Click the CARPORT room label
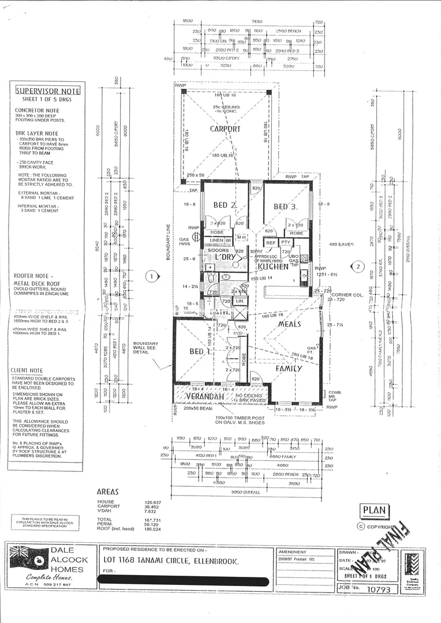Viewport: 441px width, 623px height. click(x=225, y=129)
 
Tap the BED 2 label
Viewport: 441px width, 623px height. click(x=225, y=205)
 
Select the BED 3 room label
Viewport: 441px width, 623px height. click(x=285, y=207)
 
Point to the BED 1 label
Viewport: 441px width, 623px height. click(x=201, y=351)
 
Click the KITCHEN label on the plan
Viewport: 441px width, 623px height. click(x=272, y=267)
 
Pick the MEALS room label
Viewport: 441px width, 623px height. click(x=290, y=324)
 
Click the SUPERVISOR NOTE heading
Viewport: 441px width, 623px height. click(x=48, y=91)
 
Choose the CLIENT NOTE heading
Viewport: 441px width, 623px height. click(x=27, y=370)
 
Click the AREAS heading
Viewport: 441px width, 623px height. click(x=108, y=492)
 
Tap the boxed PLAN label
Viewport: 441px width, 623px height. click(x=375, y=511)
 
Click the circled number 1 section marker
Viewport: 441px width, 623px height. click(x=152, y=276)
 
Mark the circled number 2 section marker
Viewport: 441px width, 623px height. click(x=358, y=267)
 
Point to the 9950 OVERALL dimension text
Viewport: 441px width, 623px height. click(x=245, y=492)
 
